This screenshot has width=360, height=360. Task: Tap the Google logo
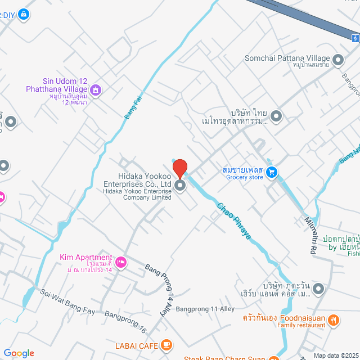pos(19,353)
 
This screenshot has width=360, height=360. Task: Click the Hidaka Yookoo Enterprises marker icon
pos(180,186)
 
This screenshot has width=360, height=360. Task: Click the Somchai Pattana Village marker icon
pos(338,58)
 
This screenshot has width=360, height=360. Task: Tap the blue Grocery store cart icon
pos(272,173)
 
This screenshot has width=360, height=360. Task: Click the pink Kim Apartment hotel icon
pos(120,262)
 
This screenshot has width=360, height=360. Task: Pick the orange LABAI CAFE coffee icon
pos(166,344)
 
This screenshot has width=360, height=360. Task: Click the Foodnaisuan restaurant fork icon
pos(334,321)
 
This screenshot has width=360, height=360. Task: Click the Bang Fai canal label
pos(132,106)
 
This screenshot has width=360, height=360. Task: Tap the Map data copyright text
pos(336,355)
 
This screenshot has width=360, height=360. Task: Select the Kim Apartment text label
pos(85,258)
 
